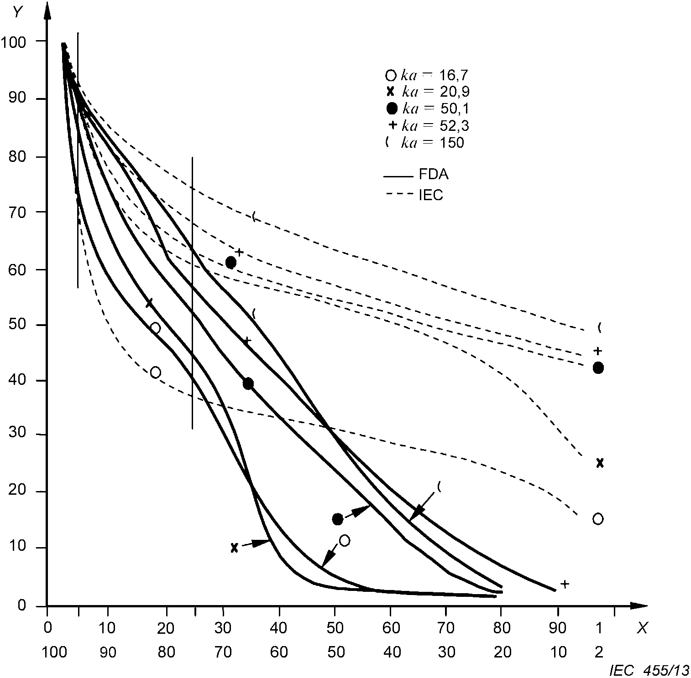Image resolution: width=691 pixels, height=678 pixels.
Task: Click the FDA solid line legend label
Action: click(x=433, y=175)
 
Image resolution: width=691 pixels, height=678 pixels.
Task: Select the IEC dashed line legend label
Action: click(x=430, y=195)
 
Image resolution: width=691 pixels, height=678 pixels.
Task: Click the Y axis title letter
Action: click(x=18, y=12)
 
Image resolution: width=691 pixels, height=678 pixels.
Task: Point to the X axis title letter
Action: click(x=642, y=628)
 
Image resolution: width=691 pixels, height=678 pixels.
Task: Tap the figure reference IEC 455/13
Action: click(x=649, y=670)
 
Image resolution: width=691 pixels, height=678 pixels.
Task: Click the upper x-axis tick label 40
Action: click(x=279, y=628)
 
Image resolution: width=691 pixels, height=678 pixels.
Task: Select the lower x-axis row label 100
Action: click(x=54, y=652)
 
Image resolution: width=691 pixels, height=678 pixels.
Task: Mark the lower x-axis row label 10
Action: click(x=558, y=652)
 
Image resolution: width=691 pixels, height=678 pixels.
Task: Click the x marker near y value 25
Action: click(x=600, y=463)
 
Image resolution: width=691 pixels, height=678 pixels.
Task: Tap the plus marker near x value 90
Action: click(x=565, y=584)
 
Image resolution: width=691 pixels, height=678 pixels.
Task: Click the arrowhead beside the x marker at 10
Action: click(x=262, y=543)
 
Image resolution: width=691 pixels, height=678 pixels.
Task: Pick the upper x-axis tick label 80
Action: click(x=502, y=628)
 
